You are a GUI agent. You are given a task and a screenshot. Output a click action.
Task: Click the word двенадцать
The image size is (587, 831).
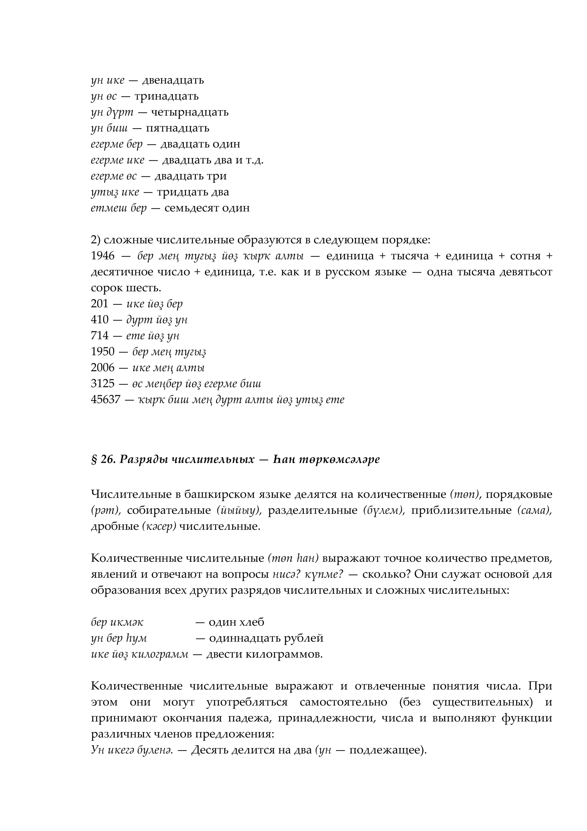point(173,80)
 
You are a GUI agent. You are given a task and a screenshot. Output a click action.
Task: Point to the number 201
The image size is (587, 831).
point(99,304)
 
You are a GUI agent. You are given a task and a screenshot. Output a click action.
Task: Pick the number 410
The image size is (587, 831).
point(99,320)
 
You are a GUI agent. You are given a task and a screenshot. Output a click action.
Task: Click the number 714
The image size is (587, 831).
point(99,335)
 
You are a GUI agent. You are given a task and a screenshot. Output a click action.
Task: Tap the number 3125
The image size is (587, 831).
point(102,384)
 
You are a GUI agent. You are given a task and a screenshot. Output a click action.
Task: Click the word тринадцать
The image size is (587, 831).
point(166,96)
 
